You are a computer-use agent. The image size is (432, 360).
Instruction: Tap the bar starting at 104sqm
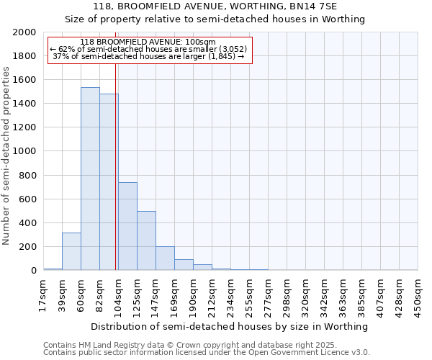[x=127, y=226]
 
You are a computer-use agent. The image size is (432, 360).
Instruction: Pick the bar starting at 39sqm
[x=71, y=251]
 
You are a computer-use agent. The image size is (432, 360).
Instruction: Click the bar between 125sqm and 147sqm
[x=146, y=240]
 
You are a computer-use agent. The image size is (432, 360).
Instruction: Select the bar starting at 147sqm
[x=165, y=258]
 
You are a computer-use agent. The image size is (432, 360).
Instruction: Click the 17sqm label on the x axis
[x=43, y=294]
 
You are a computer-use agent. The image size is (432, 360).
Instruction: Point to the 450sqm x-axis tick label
[x=418, y=294]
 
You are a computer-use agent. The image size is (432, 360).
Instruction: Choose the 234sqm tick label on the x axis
[x=230, y=294]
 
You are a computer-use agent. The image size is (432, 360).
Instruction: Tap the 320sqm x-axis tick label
[x=305, y=294]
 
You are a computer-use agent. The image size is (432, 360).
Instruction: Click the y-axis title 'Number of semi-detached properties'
[x=6, y=156]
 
